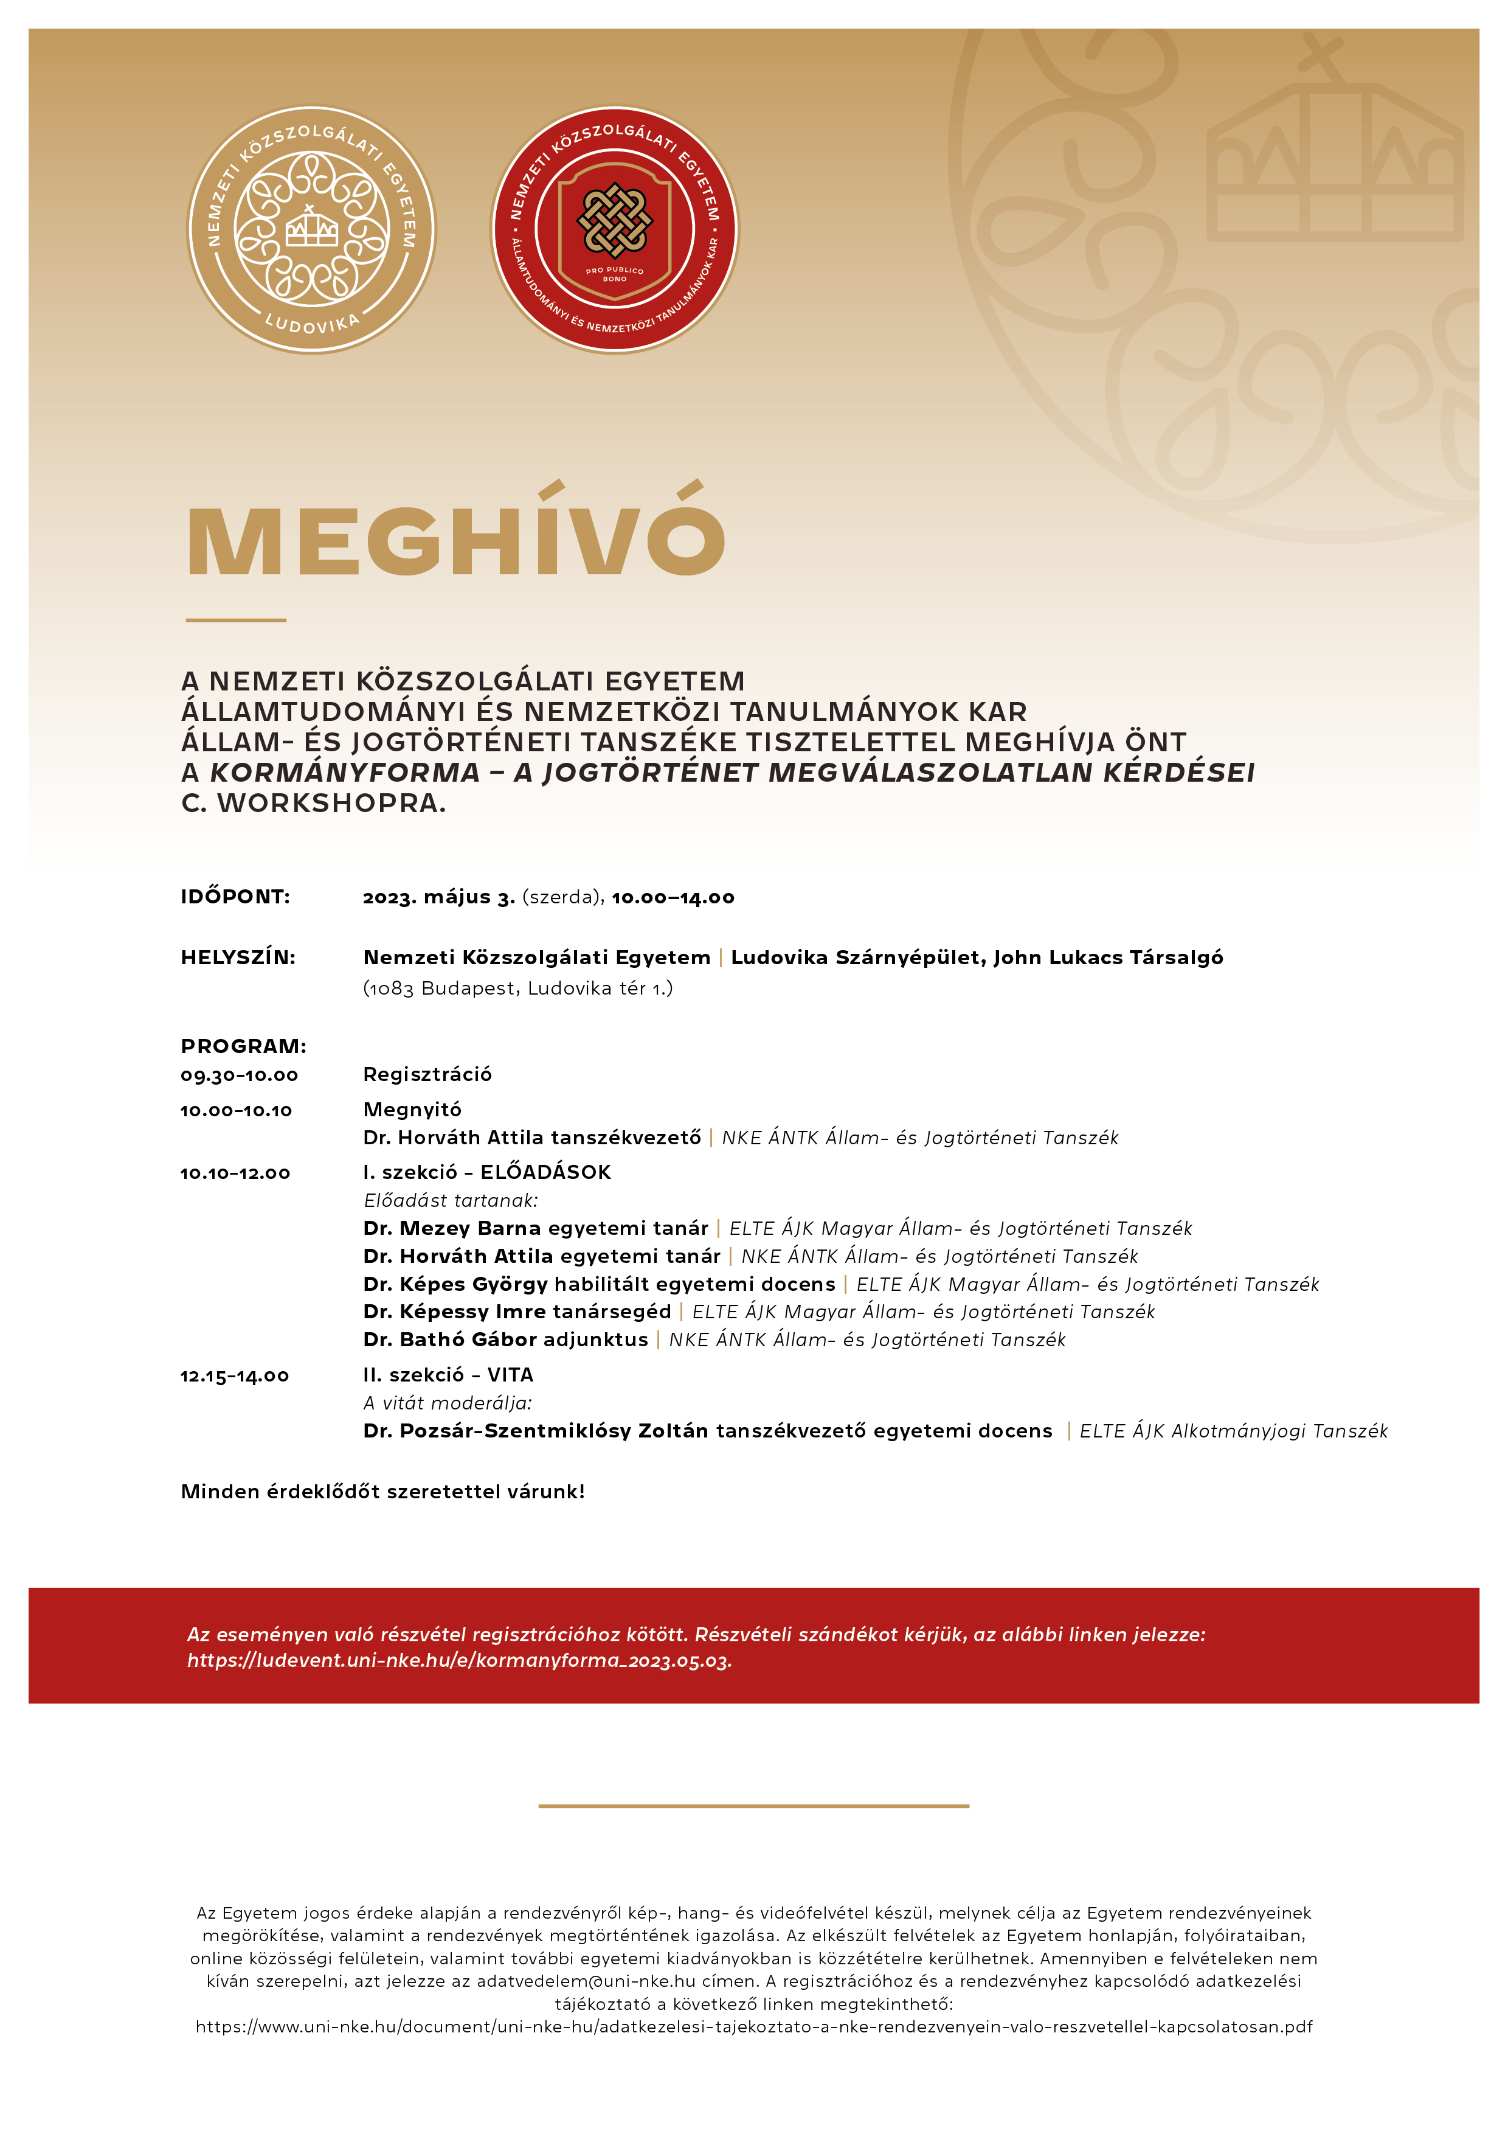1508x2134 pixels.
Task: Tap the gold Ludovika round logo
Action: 311,229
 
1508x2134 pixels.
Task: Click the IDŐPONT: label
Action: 235,897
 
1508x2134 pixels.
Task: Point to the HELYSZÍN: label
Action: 238,958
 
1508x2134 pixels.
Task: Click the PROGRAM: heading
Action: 243,1046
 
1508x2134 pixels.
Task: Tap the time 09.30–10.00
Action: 239,1076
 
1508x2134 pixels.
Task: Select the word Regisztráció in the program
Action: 427,1074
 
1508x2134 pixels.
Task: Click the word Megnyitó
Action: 412,1110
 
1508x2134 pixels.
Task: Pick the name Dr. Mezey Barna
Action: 452,1229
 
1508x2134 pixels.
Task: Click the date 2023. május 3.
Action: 438,897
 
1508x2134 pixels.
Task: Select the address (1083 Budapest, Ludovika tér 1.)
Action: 517,988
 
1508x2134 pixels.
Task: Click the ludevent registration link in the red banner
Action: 459,1661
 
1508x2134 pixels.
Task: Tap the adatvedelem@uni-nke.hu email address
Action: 586,1981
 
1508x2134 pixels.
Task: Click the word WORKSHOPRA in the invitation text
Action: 331,803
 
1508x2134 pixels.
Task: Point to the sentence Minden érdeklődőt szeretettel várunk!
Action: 383,1492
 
